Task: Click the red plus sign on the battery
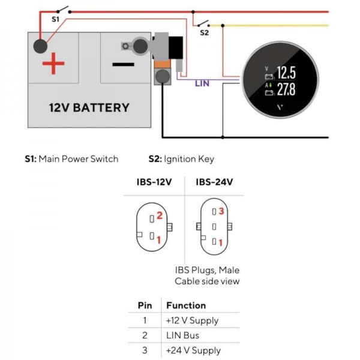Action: pyautogui.click(x=53, y=64)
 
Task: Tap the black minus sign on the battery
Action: pyautogui.click(x=122, y=64)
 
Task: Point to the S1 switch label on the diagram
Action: pyautogui.click(x=55, y=19)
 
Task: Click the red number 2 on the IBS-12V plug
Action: pyautogui.click(x=160, y=215)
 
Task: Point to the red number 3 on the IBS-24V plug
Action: pyautogui.click(x=221, y=211)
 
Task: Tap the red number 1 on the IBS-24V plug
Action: pyautogui.click(x=221, y=242)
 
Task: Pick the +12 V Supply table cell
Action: pyautogui.click(x=193, y=320)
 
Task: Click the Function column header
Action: pyautogui.click(x=186, y=305)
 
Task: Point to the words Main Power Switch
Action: pyautogui.click(x=79, y=159)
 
